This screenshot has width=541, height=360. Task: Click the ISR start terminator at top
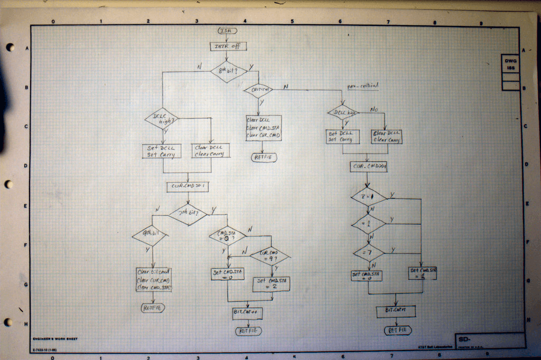coord(228,31)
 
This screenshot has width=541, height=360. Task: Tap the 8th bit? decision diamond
coord(229,71)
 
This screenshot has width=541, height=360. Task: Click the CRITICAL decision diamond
coord(258,90)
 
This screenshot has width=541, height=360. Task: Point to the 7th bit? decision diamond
coord(188,214)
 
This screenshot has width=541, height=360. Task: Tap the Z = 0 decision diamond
coord(369,197)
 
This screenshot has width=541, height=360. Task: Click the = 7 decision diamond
coord(369,252)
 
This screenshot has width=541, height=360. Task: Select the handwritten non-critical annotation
coord(362,86)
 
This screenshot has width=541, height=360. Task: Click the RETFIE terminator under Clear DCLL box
coord(264,157)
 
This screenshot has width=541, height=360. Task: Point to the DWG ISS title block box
coord(510,64)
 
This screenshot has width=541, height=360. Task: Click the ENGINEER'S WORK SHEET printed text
coord(54,338)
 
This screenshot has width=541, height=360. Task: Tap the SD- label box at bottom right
coord(489,340)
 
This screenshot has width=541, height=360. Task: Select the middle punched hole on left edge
coord(9,185)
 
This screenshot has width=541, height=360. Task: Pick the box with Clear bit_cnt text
coord(154,280)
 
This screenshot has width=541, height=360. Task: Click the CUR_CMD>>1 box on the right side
coord(369,166)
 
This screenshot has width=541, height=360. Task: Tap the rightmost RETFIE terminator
coord(397,330)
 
